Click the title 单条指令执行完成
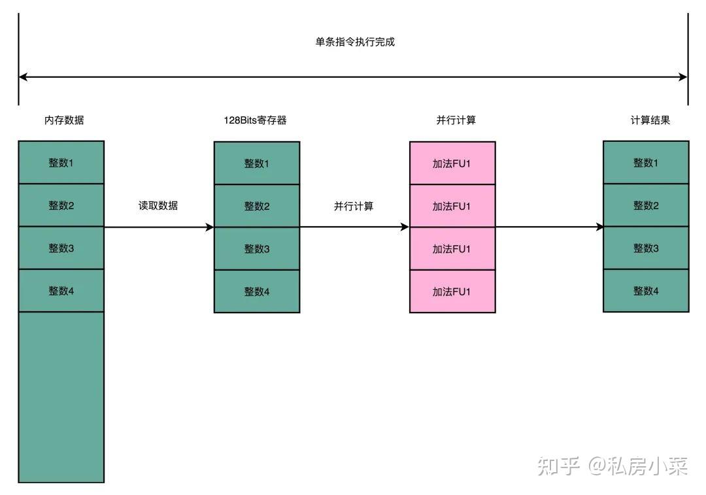point(355,42)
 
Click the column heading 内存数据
point(64,120)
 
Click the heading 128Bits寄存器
point(255,120)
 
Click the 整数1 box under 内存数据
point(61,163)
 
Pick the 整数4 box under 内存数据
point(61,290)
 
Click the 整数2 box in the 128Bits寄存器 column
point(257,206)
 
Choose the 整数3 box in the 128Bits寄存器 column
point(257,248)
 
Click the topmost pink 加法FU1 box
point(452,163)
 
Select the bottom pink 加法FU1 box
point(452,291)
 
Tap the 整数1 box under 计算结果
point(646,163)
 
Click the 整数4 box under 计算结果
point(646,290)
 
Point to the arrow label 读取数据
point(158,205)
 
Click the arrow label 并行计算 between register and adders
point(354,206)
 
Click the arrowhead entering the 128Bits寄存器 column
point(210,228)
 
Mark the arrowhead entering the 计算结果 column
point(599,228)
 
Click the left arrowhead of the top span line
point(23,77)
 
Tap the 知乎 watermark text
point(559,466)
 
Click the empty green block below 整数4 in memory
point(61,396)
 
